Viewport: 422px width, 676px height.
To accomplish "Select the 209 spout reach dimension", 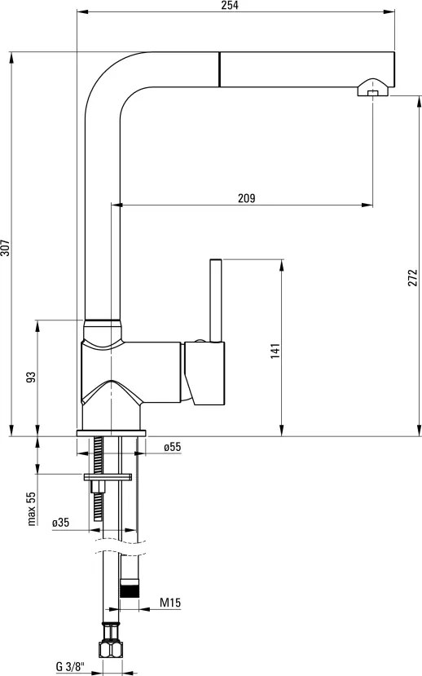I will (248, 198).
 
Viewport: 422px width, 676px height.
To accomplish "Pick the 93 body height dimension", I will (31, 378).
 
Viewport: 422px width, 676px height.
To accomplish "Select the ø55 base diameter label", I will (171, 447).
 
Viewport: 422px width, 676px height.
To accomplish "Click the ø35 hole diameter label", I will (59, 523).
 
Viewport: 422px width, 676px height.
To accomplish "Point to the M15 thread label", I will (169, 603).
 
